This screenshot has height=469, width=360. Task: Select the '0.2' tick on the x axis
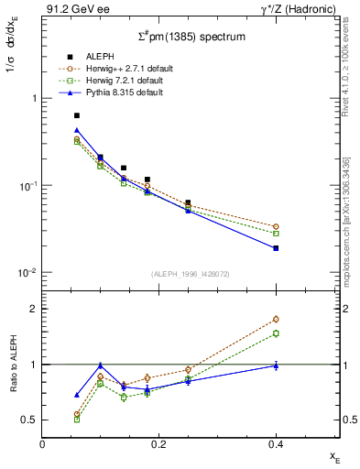coord(158,442)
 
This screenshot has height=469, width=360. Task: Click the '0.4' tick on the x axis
coord(276,442)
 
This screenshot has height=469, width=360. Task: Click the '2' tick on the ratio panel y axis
coord(33,309)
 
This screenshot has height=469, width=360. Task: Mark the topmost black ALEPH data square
coord(77,115)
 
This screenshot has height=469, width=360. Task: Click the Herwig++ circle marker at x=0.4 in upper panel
coord(276,226)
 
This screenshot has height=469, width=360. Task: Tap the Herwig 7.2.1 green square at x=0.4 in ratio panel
coord(276,333)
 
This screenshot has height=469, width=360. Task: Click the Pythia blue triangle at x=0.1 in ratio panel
coord(101,365)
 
